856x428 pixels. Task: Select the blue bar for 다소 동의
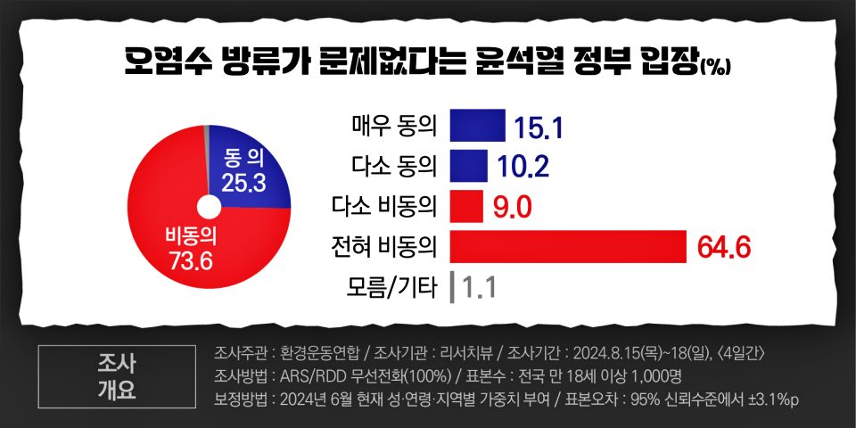tap(469, 166)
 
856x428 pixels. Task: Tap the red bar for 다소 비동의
tap(466, 206)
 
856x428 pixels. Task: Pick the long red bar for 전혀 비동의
tap(567, 247)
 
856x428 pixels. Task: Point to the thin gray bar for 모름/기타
tap(453, 287)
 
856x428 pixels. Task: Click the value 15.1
tap(539, 128)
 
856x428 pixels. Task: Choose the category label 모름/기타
tap(391, 288)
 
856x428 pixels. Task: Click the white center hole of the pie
tap(208, 208)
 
